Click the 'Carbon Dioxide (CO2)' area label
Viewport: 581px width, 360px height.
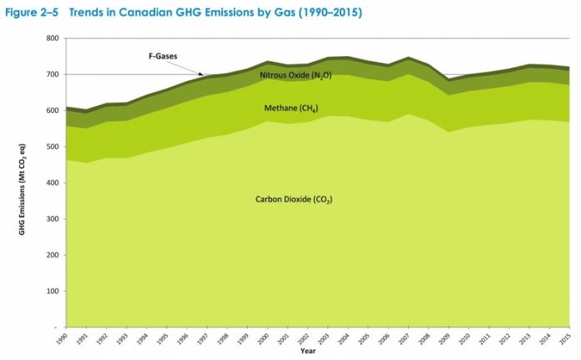coord(289,199)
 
